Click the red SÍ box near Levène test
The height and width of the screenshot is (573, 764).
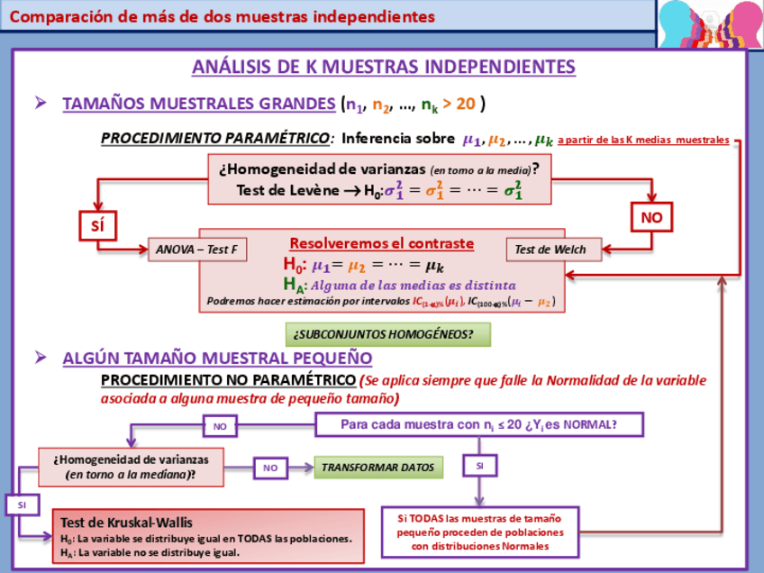97,225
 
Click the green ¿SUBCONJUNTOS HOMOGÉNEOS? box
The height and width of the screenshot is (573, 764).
389,334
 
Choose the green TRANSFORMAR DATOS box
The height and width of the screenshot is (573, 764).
377,468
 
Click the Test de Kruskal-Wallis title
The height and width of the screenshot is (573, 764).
127,523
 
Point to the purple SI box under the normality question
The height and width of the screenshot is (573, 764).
479,466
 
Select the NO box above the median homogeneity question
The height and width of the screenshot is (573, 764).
220,425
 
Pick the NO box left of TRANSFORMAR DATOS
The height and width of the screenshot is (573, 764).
270,468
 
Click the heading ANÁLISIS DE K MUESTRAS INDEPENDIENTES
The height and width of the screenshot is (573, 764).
383,68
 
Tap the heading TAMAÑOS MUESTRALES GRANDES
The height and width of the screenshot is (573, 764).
198,104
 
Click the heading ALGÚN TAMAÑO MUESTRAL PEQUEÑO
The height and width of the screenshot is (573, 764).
211,358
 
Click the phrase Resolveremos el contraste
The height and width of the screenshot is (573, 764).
381,244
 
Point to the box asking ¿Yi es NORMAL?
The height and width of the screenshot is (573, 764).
478,424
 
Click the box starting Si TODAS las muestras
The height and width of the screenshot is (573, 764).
479,532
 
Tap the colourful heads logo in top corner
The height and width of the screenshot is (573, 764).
709,24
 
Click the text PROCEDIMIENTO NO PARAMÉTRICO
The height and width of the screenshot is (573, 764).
228,380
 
